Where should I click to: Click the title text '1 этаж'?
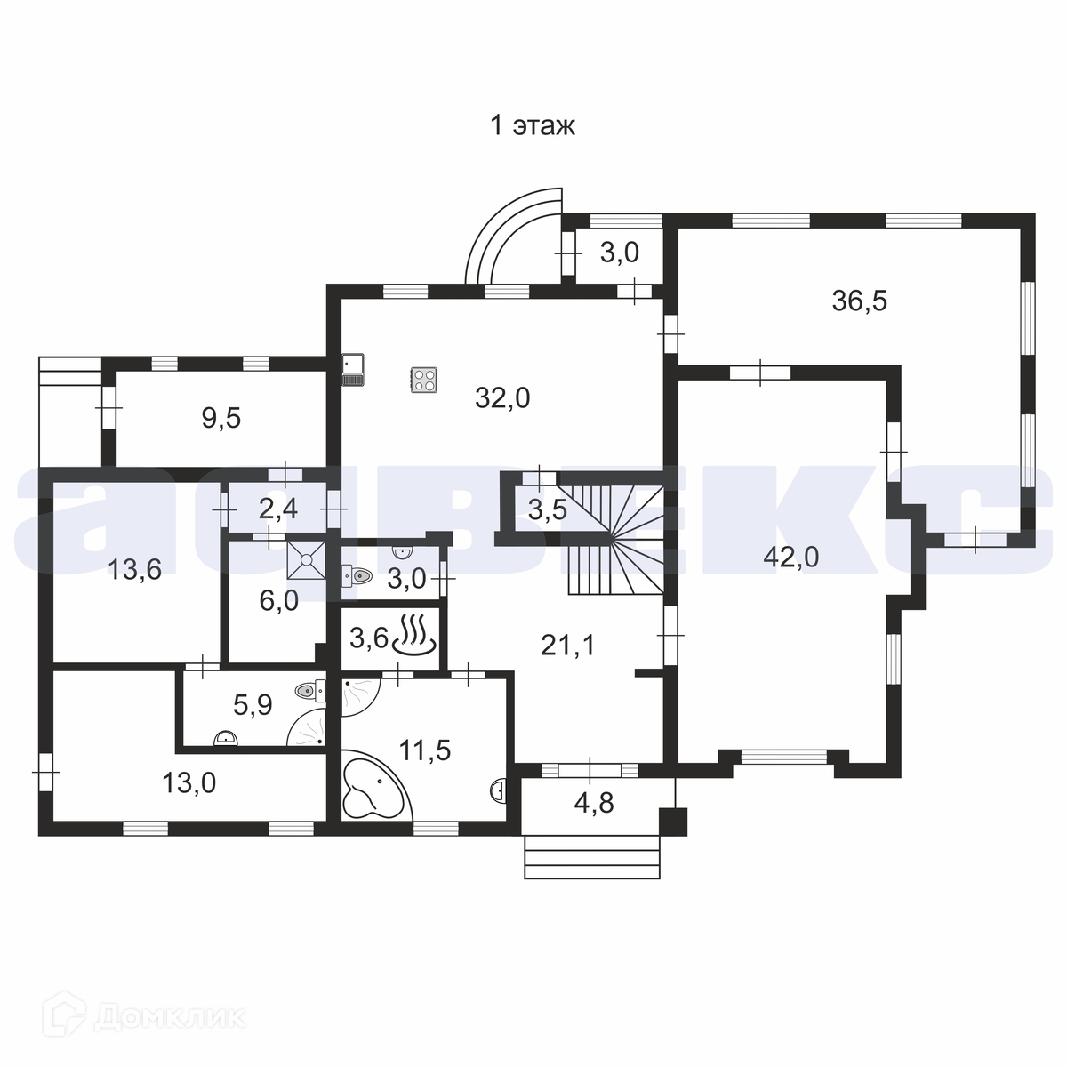click(533, 125)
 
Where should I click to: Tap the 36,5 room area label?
click(859, 301)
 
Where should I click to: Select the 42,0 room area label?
click(790, 557)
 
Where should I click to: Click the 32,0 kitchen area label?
click(502, 398)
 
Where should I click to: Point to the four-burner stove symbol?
click(423, 380)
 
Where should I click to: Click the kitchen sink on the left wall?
click(352, 369)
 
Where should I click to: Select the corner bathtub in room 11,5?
click(374, 784)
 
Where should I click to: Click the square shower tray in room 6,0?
click(306, 560)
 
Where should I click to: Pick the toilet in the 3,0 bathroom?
click(357, 576)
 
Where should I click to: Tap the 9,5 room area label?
click(221, 418)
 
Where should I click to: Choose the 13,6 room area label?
click(134, 569)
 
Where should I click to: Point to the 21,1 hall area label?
click(567, 645)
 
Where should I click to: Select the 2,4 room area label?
click(278, 509)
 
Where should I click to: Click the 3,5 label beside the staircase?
click(547, 509)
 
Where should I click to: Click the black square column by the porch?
click(673, 822)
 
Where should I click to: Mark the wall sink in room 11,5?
click(499, 790)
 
